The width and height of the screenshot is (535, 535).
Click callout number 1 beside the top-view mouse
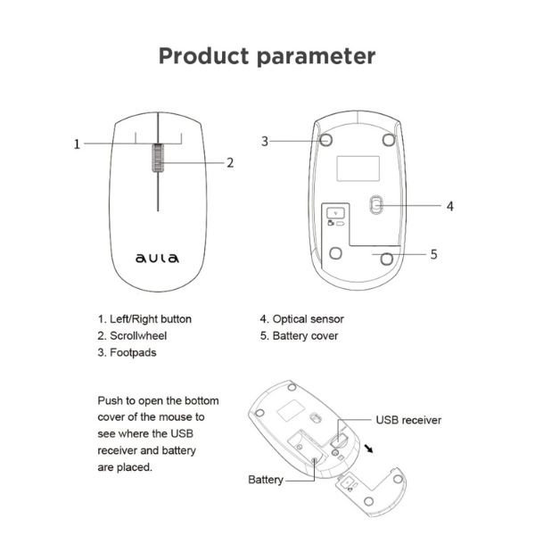point(78,144)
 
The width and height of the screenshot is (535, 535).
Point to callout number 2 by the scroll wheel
point(229,162)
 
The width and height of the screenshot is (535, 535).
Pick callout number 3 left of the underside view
point(265,141)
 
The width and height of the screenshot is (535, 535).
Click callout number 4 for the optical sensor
point(450,205)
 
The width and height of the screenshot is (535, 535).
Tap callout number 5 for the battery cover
point(433,254)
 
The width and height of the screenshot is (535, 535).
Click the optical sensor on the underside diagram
point(376,205)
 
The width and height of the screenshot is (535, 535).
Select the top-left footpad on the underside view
point(326,139)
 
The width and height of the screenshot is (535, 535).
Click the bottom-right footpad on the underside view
point(386,258)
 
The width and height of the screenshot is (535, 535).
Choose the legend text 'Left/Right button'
point(150,318)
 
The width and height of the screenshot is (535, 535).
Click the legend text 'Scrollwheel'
point(137,336)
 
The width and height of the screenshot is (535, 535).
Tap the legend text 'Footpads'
point(131,353)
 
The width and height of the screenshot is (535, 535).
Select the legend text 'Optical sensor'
point(308,318)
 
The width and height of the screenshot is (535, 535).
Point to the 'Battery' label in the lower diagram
point(266,480)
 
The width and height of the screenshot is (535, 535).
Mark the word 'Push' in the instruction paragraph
point(111,400)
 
